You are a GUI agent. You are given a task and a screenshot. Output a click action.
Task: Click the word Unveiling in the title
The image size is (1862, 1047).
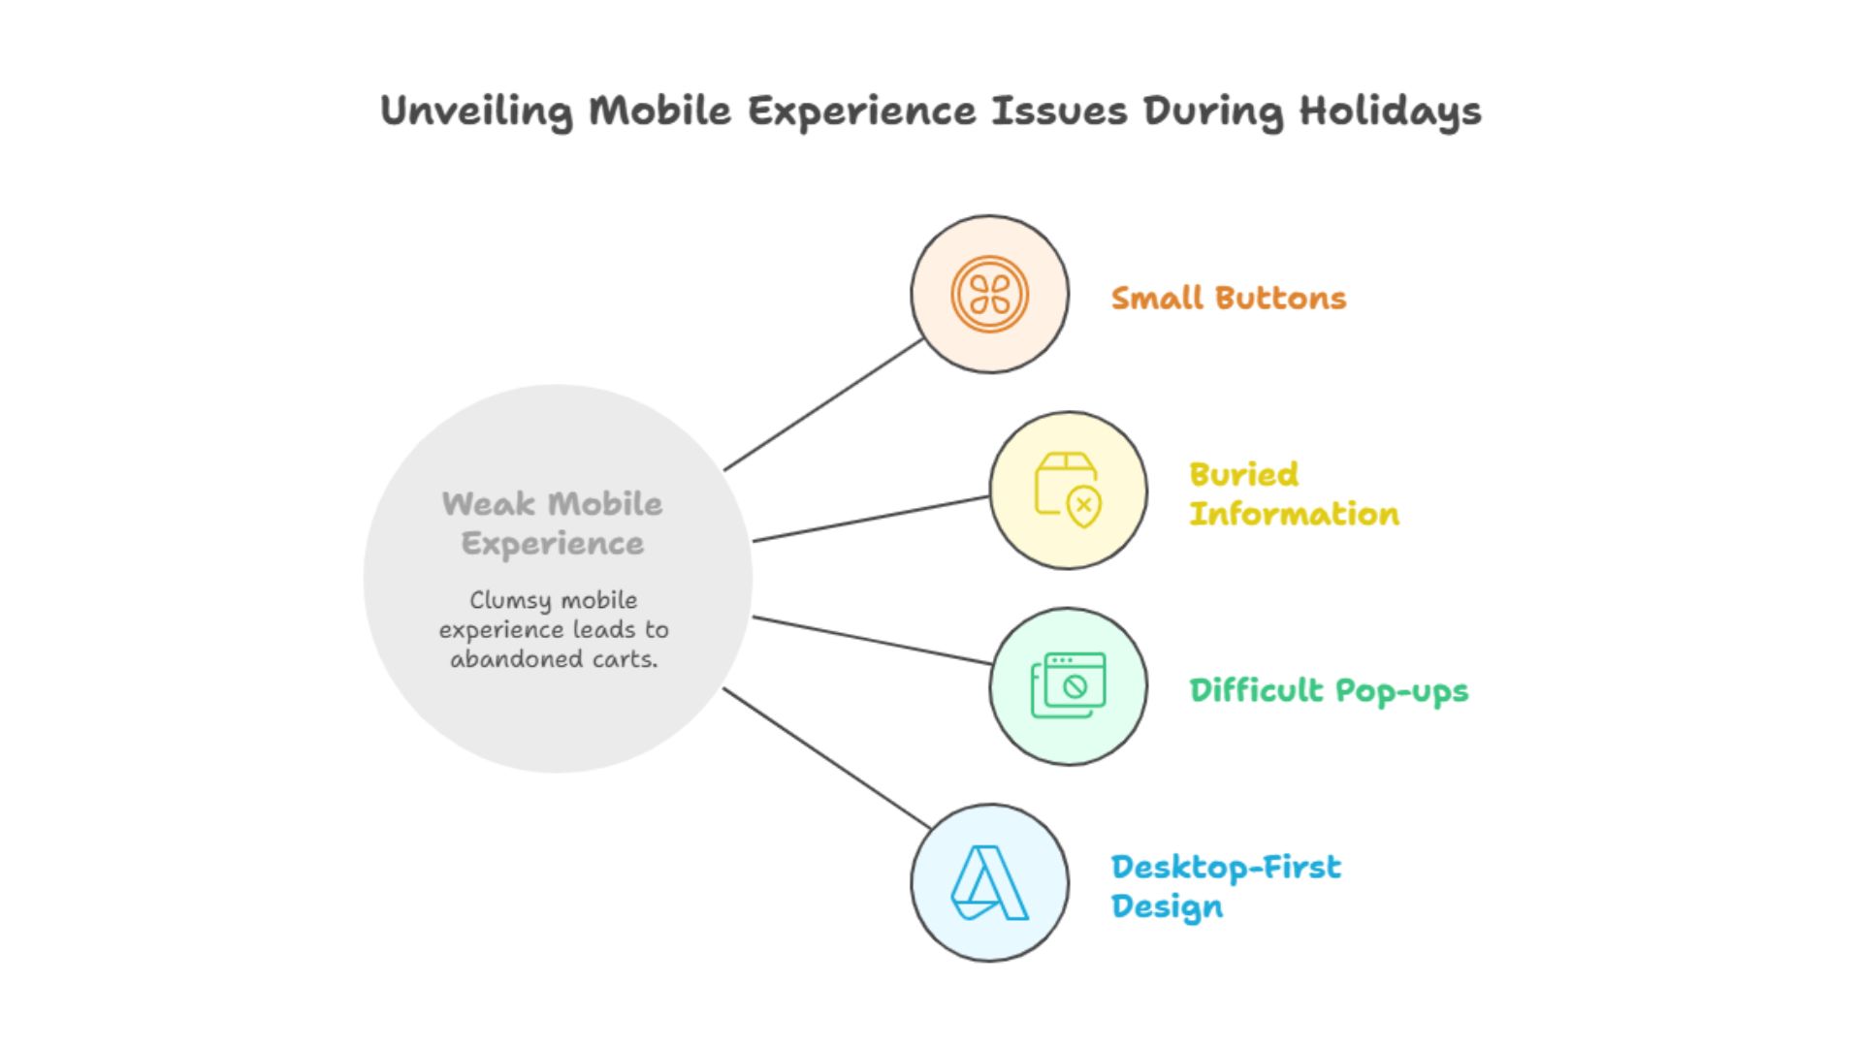click(x=475, y=111)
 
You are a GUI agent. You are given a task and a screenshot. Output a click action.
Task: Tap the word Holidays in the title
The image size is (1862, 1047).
click(x=1390, y=111)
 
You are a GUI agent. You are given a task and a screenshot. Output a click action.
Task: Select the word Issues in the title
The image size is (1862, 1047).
click(x=1059, y=111)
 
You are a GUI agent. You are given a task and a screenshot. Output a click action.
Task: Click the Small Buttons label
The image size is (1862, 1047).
click(x=1228, y=298)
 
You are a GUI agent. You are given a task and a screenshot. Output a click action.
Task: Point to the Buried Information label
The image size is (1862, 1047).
click(x=1293, y=494)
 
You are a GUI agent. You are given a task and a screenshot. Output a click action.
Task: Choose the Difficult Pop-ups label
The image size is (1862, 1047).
click(x=1328, y=690)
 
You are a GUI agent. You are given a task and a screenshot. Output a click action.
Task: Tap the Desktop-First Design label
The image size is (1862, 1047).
click(x=1225, y=886)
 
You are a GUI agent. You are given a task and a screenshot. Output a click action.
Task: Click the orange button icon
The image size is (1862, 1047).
click(x=989, y=294)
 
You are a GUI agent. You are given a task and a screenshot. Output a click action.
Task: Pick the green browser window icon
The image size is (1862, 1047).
click(x=1068, y=685)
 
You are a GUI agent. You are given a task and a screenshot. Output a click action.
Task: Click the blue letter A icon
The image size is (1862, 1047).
click(x=989, y=882)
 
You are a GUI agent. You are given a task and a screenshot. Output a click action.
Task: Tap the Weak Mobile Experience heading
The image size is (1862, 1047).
click(x=552, y=523)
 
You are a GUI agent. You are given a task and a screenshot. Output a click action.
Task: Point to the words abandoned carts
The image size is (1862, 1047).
click(x=553, y=659)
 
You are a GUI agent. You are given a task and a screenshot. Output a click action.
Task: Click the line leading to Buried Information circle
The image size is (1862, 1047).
click(x=871, y=519)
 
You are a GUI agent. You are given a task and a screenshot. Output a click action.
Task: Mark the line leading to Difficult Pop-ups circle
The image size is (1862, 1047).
click(x=871, y=640)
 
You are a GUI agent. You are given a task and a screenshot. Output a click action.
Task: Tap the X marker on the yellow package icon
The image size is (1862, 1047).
click(x=1084, y=504)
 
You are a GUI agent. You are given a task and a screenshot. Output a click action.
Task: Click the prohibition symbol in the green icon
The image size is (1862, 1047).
click(x=1075, y=686)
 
